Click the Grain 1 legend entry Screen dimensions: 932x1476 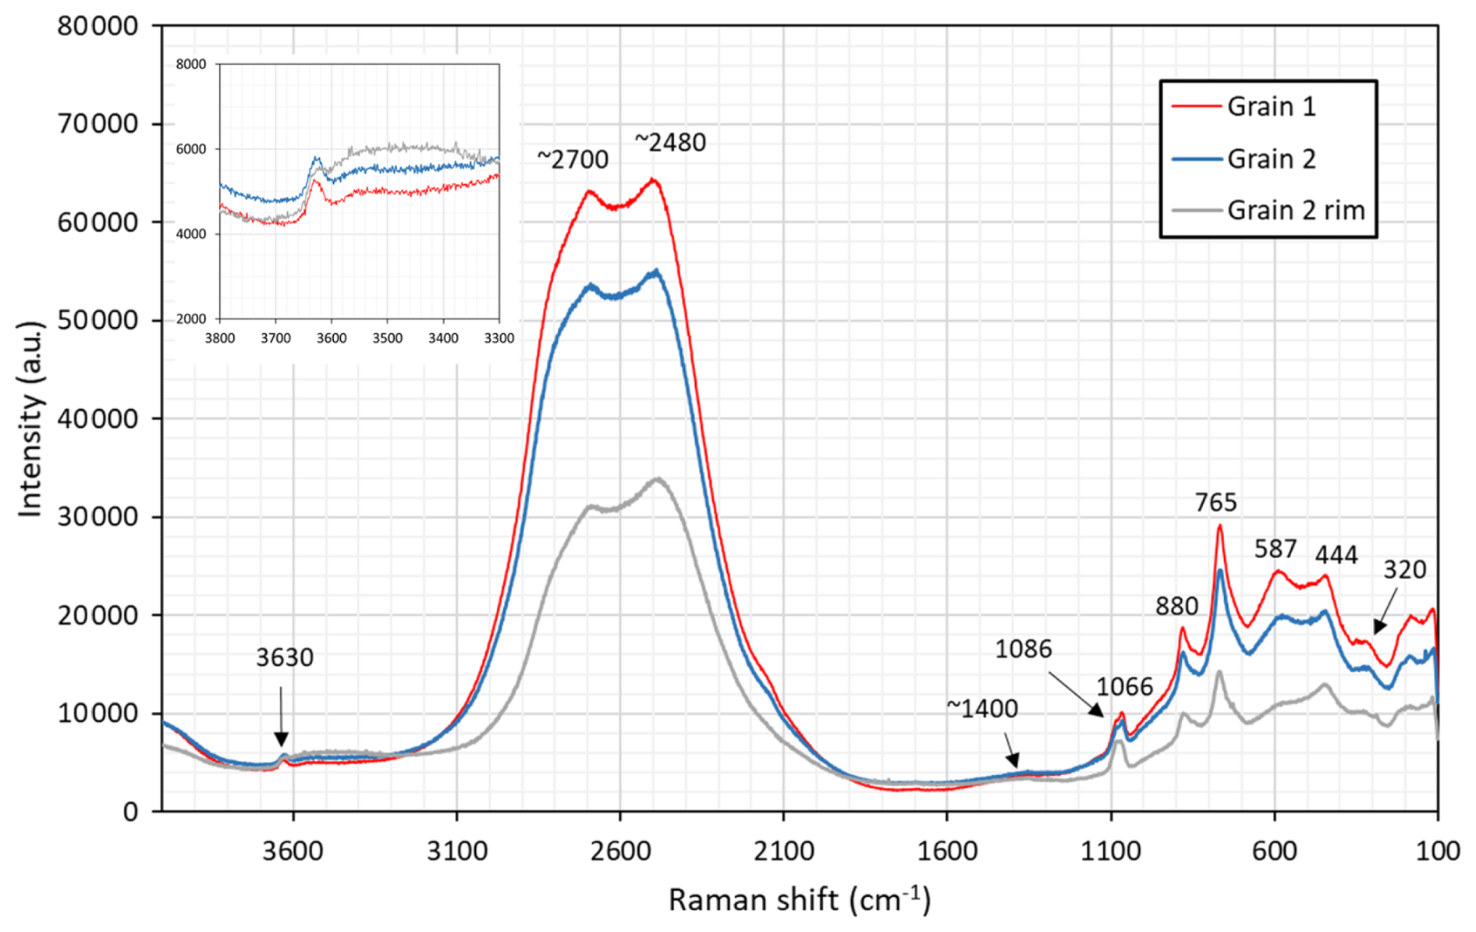click(1271, 107)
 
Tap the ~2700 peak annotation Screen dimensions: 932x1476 click(573, 160)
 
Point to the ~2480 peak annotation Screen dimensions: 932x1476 click(670, 143)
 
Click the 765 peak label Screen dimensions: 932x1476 click(1215, 503)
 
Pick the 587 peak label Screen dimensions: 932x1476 click(1275, 550)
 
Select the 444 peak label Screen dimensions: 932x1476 click(1336, 555)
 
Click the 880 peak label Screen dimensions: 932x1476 click(1176, 606)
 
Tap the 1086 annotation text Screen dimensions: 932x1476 click(1023, 649)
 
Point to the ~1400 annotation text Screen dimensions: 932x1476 click(982, 709)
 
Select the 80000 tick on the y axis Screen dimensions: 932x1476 click(98, 27)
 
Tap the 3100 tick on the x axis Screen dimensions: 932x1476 click(456, 851)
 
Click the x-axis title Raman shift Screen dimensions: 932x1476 click(799, 901)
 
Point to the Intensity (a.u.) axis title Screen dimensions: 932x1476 click(30, 418)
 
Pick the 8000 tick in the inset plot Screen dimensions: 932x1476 click(191, 64)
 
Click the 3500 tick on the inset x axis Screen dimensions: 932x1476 click(387, 339)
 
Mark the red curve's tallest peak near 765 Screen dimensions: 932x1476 click(1219, 526)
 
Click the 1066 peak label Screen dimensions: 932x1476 click(1123, 687)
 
